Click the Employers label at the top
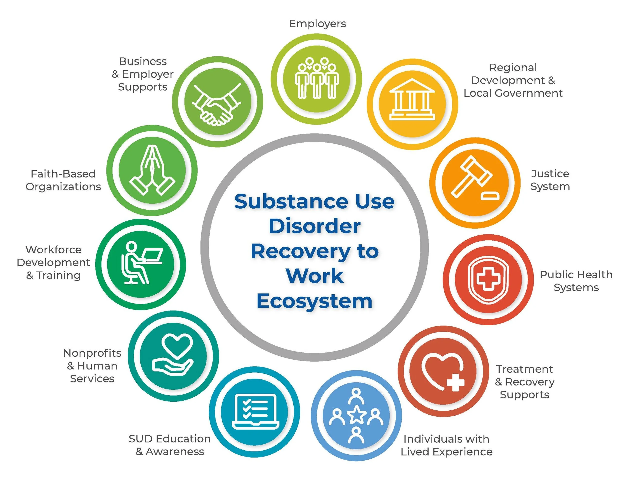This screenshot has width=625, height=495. [317, 24]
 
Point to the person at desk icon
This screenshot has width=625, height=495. [141, 263]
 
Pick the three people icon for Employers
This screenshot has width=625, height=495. [316, 78]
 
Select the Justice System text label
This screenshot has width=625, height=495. [550, 180]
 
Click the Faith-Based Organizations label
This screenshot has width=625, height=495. [63, 180]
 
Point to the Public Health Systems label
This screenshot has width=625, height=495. [576, 281]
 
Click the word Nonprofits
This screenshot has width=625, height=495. [92, 353]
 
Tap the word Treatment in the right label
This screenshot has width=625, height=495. [524, 369]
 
